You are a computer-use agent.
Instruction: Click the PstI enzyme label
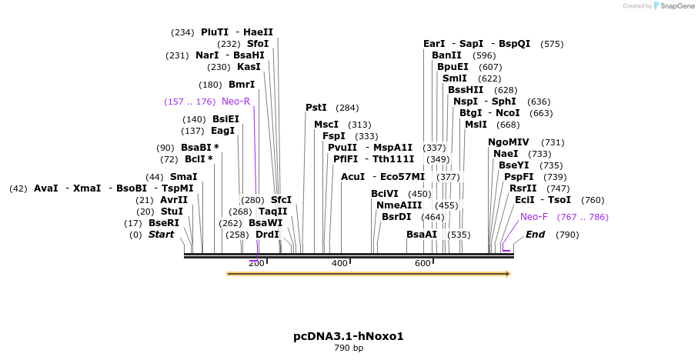click(x=316, y=108)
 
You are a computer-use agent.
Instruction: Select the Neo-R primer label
click(x=235, y=102)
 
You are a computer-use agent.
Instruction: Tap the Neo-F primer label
click(x=534, y=217)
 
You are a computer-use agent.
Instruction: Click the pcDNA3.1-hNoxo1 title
click(x=349, y=336)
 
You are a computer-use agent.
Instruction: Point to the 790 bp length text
click(x=349, y=348)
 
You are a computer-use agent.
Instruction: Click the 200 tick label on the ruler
click(x=256, y=263)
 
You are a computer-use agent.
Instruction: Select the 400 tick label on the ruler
click(x=339, y=263)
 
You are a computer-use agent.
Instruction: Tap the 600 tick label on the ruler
click(x=422, y=263)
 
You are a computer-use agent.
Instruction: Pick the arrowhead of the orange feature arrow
click(x=506, y=273)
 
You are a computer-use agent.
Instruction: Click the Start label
click(x=162, y=235)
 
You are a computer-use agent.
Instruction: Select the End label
click(x=535, y=235)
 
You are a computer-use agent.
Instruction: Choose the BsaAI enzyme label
click(x=422, y=235)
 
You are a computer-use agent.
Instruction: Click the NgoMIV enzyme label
click(x=509, y=142)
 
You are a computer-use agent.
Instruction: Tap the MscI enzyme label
click(x=326, y=125)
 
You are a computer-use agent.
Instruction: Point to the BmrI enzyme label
click(x=242, y=85)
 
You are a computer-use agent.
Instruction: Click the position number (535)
click(x=459, y=235)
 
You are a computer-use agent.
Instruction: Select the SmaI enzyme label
click(x=184, y=177)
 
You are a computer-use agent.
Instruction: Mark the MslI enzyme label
click(x=476, y=125)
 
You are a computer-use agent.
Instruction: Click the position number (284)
click(x=347, y=108)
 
